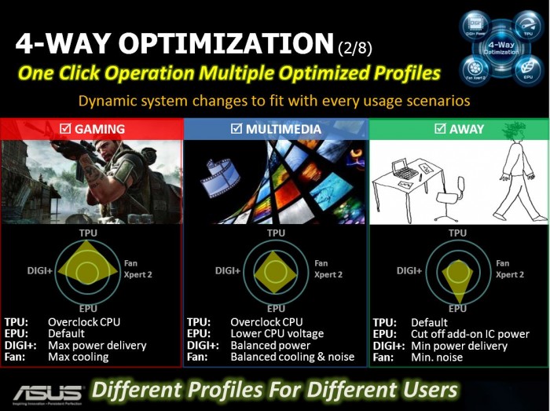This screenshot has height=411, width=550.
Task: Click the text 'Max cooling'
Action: tap(79, 357)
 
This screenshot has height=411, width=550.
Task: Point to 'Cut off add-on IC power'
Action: tap(470, 334)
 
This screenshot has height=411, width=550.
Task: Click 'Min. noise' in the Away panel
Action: tap(438, 357)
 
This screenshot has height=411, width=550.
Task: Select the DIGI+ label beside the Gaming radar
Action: tap(41, 270)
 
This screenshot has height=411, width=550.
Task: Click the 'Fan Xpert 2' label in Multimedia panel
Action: tap(328, 269)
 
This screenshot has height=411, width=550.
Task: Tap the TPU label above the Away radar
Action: tap(457, 233)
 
